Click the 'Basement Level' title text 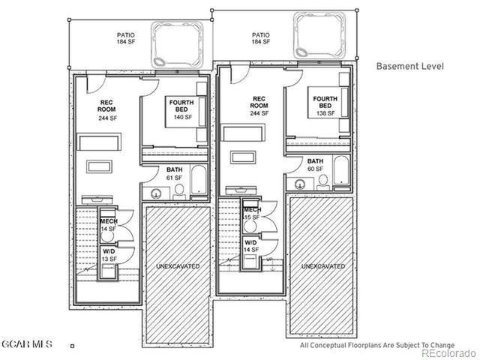[409, 66]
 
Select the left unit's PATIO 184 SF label [125, 38]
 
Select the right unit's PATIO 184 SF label [260, 38]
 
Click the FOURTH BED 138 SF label [325, 106]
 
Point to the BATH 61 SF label [174, 174]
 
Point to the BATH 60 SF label [315, 165]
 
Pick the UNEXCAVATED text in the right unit [322, 266]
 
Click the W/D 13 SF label [109, 255]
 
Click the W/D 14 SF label [250, 247]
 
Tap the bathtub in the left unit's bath [199, 180]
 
